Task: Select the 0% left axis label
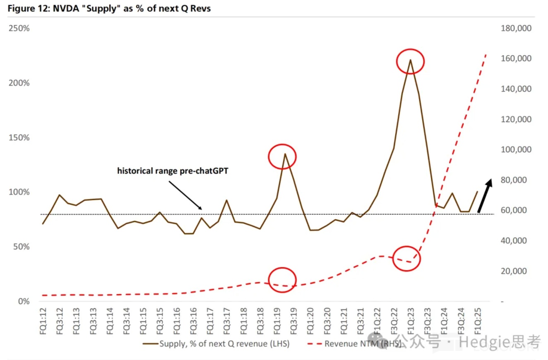[23, 301]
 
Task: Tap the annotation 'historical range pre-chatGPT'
[173, 170]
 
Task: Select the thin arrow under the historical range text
[185, 194]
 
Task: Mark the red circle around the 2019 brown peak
[282, 156]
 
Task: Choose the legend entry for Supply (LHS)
[216, 344]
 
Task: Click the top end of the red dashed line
[486, 54]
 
